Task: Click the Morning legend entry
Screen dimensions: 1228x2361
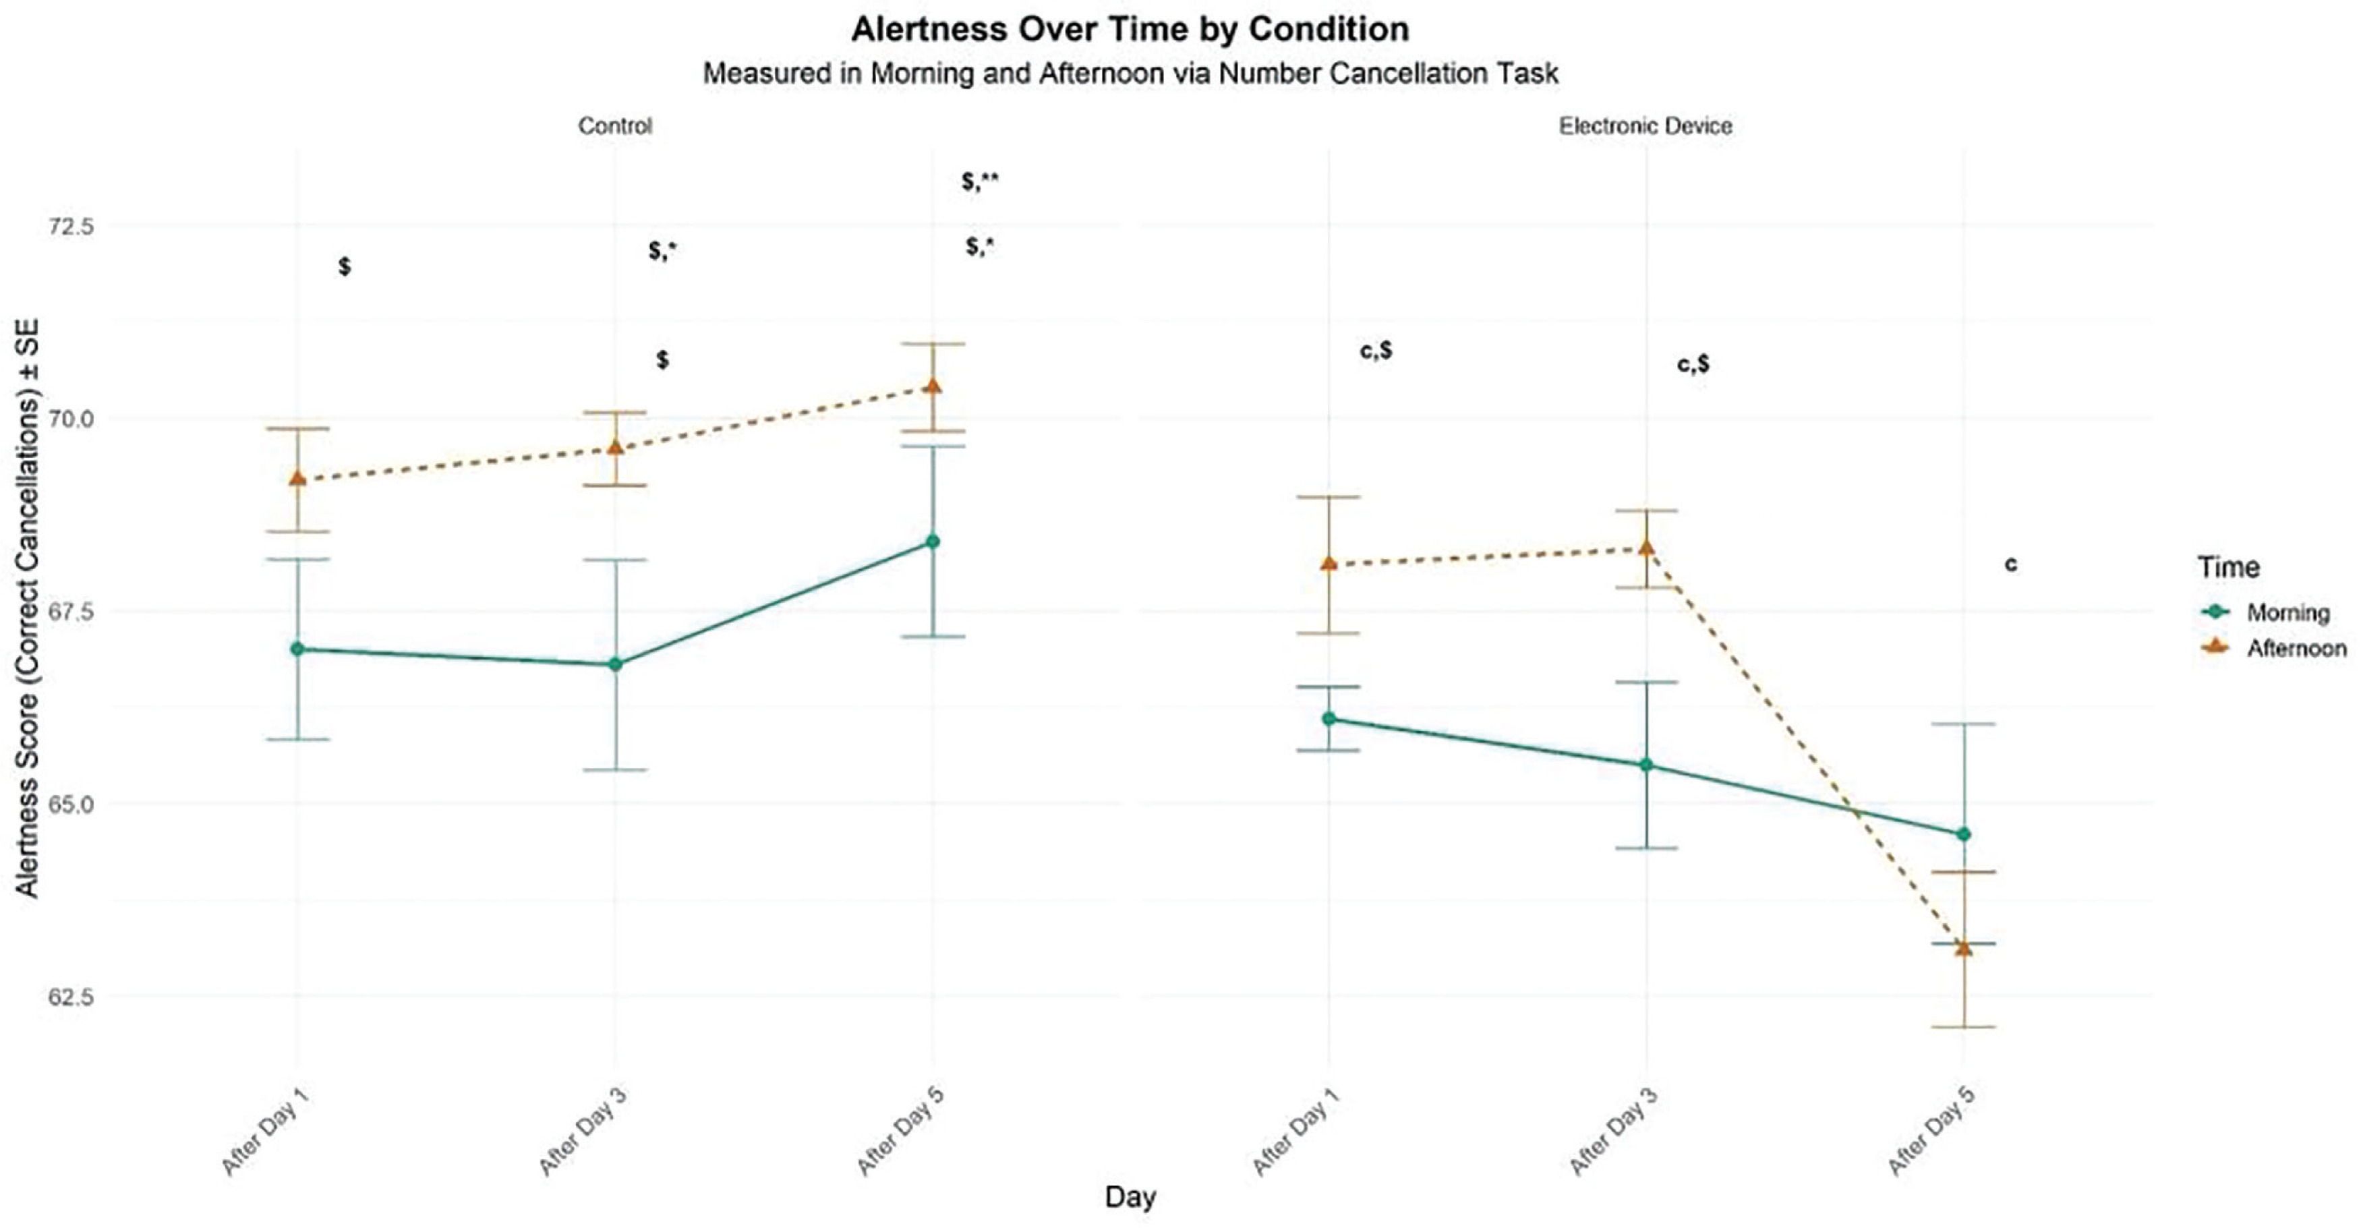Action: (x=2287, y=612)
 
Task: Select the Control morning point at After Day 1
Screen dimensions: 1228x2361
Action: (x=297, y=649)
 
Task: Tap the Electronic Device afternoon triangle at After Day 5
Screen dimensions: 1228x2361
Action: (x=1963, y=947)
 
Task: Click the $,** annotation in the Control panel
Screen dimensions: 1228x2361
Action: (x=980, y=181)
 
